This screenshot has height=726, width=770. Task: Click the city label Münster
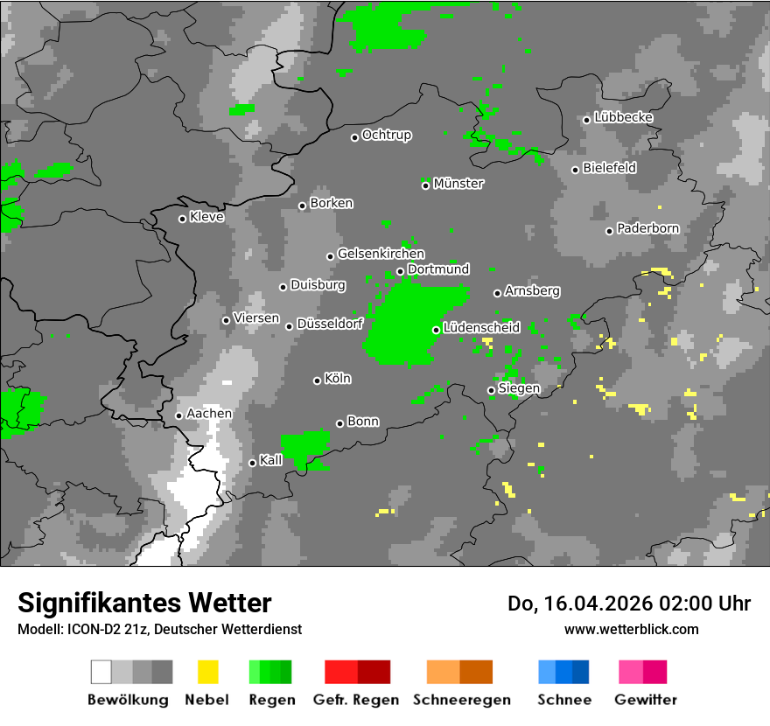point(458,184)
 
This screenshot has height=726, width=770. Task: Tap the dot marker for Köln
point(317,380)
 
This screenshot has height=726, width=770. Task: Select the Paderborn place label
point(647,229)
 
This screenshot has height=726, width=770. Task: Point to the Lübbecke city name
point(623,117)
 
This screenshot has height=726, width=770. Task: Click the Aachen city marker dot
point(178,415)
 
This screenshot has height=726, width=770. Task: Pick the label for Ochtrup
point(387,136)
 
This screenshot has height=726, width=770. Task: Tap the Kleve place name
point(206,217)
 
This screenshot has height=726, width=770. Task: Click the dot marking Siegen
point(491,390)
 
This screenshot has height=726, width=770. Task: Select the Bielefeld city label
point(609,168)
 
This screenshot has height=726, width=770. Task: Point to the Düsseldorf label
point(330,325)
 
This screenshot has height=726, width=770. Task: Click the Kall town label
point(271,460)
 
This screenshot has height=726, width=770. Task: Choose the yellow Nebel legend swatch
point(207,672)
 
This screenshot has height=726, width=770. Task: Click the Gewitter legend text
point(646,700)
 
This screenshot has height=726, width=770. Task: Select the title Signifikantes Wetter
point(144,604)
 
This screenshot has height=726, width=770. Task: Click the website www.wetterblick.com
point(632,629)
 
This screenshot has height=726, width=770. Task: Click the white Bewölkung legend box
point(101,672)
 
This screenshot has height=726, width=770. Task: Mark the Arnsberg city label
point(532,291)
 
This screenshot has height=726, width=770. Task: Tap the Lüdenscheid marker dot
point(436,330)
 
